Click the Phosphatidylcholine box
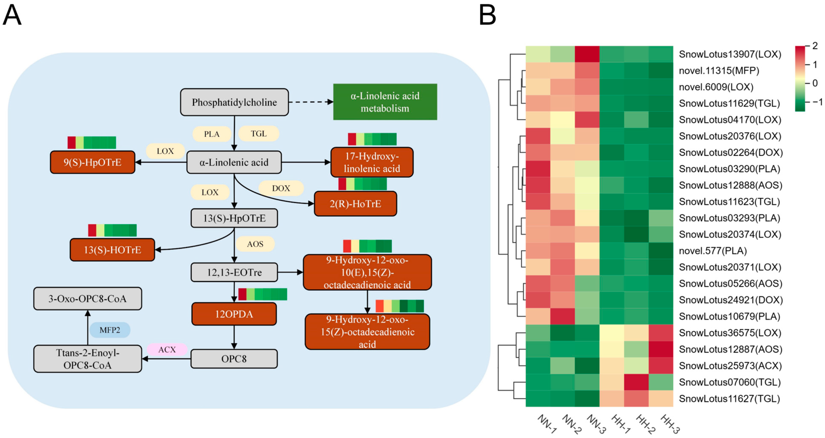(234, 102)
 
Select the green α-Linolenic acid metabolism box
(385, 102)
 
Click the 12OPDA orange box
(234, 314)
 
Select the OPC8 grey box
(234, 359)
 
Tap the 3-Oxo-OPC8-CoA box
(88, 299)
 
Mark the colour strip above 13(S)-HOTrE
(112, 230)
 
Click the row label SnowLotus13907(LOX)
(730, 54)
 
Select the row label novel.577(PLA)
(713, 251)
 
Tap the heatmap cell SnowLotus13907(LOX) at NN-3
(587, 54)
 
